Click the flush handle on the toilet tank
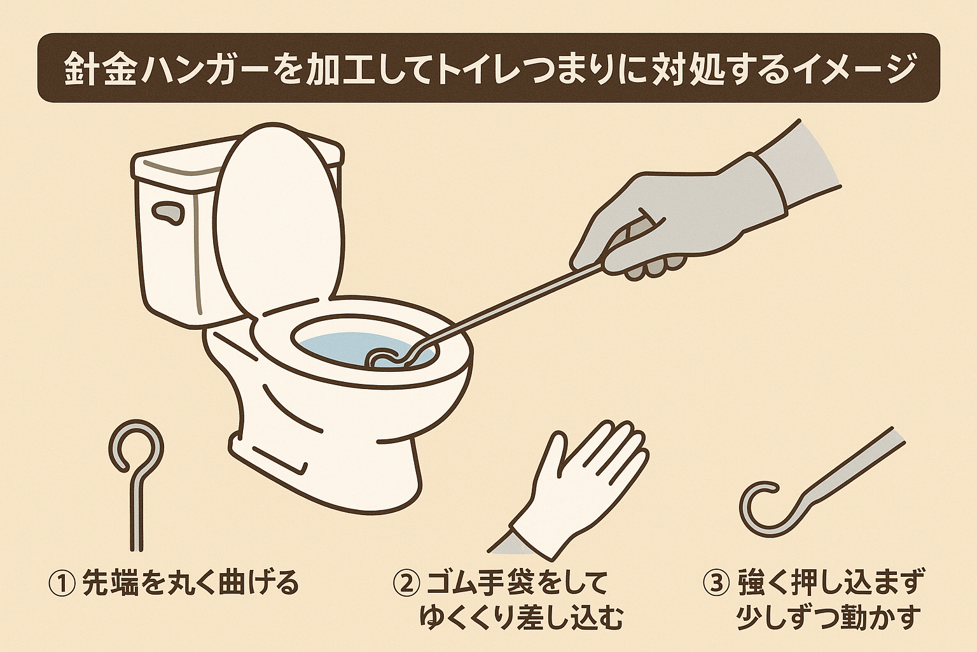click(166, 213)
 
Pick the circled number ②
click(405, 583)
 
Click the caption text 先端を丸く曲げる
click(190, 583)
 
